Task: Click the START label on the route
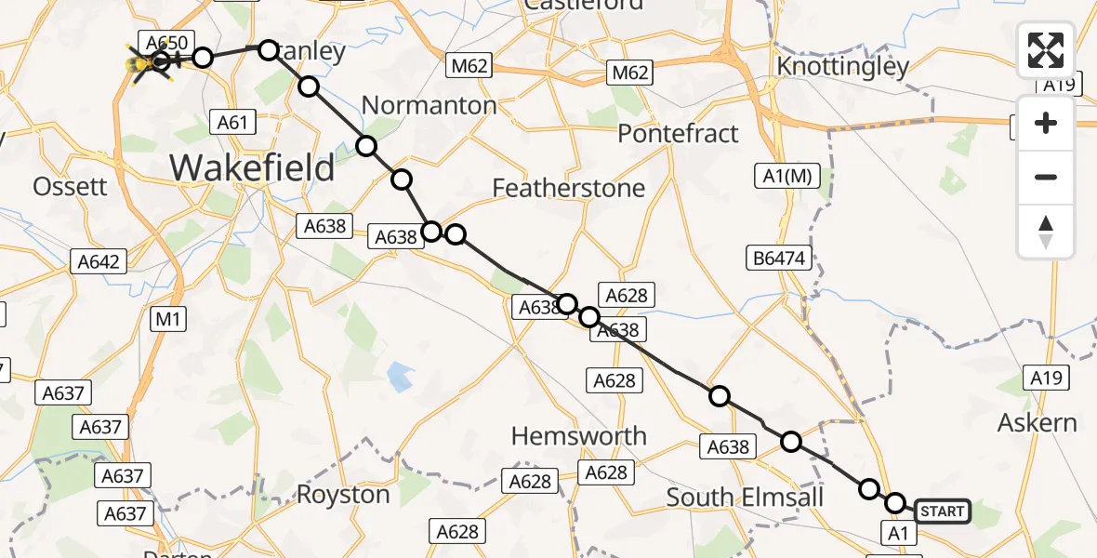click(943, 511)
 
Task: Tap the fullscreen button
click(1046, 50)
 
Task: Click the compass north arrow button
click(1046, 232)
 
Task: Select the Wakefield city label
click(252, 168)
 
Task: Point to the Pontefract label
click(679, 133)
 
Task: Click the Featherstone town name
click(568, 189)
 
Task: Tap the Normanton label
click(430, 105)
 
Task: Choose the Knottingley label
click(842, 67)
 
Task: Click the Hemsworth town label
click(580, 435)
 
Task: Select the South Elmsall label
click(746, 497)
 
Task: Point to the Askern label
click(1038, 423)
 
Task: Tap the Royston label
click(343, 494)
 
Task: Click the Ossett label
click(70, 186)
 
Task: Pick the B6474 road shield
click(779, 258)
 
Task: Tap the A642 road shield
click(99, 262)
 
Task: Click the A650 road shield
click(165, 42)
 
